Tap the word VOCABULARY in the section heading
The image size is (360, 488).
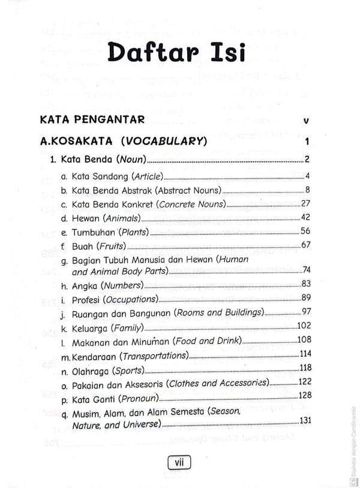(164, 142)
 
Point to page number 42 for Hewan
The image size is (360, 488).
(305, 218)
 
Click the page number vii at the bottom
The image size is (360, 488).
(178, 462)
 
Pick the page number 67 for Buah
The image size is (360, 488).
(305, 244)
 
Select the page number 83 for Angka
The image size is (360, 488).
(305, 284)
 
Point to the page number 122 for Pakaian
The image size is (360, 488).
(304, 382)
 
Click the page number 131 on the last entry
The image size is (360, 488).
(304, 420)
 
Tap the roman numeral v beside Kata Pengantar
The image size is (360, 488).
(307, 121)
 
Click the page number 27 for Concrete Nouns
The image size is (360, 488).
(305, 203)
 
